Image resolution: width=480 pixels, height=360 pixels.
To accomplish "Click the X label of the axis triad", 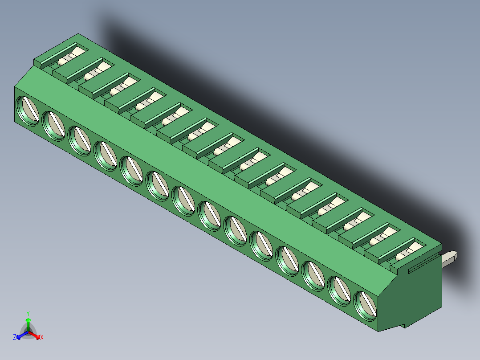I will [42, 338].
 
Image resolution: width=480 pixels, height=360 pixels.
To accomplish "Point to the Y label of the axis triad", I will [28, 313].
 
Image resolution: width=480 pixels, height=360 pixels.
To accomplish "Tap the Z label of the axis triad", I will [15, 337].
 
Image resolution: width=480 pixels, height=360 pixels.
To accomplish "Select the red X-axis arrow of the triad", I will [36, 335].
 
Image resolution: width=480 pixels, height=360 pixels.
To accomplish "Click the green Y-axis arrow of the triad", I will [28, 323].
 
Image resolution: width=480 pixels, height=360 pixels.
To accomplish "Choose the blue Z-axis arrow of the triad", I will [21, 335].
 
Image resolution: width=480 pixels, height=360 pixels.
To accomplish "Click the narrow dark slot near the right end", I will [420, 266].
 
